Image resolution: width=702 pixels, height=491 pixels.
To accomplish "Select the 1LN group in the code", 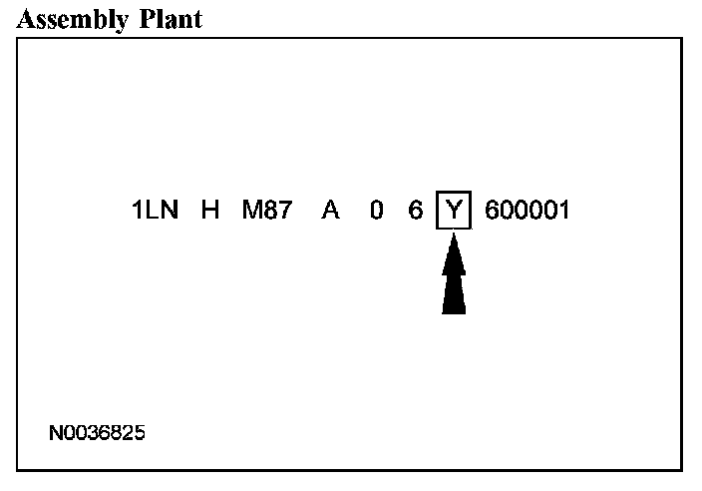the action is tap(155, 211).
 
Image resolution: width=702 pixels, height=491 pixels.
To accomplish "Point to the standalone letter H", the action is tap(210, 211).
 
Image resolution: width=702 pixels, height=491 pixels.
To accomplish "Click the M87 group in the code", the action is tap(266, 211).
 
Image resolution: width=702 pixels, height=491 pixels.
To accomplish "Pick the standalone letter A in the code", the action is tap(329, 211).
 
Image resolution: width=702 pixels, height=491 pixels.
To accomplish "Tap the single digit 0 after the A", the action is tap(376, 211).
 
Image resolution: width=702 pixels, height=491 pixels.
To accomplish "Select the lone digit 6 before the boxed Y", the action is tap(416, 211).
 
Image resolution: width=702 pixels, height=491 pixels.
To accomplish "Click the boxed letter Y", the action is tap(454, 211).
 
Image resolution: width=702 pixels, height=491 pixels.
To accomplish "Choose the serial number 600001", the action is tap(526, 211).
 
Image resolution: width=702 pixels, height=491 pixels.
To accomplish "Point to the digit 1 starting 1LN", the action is tap(138, 211).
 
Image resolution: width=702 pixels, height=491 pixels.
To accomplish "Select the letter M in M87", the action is tap(251, 211).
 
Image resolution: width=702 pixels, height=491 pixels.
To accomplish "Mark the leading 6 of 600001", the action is tap(492, 211).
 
